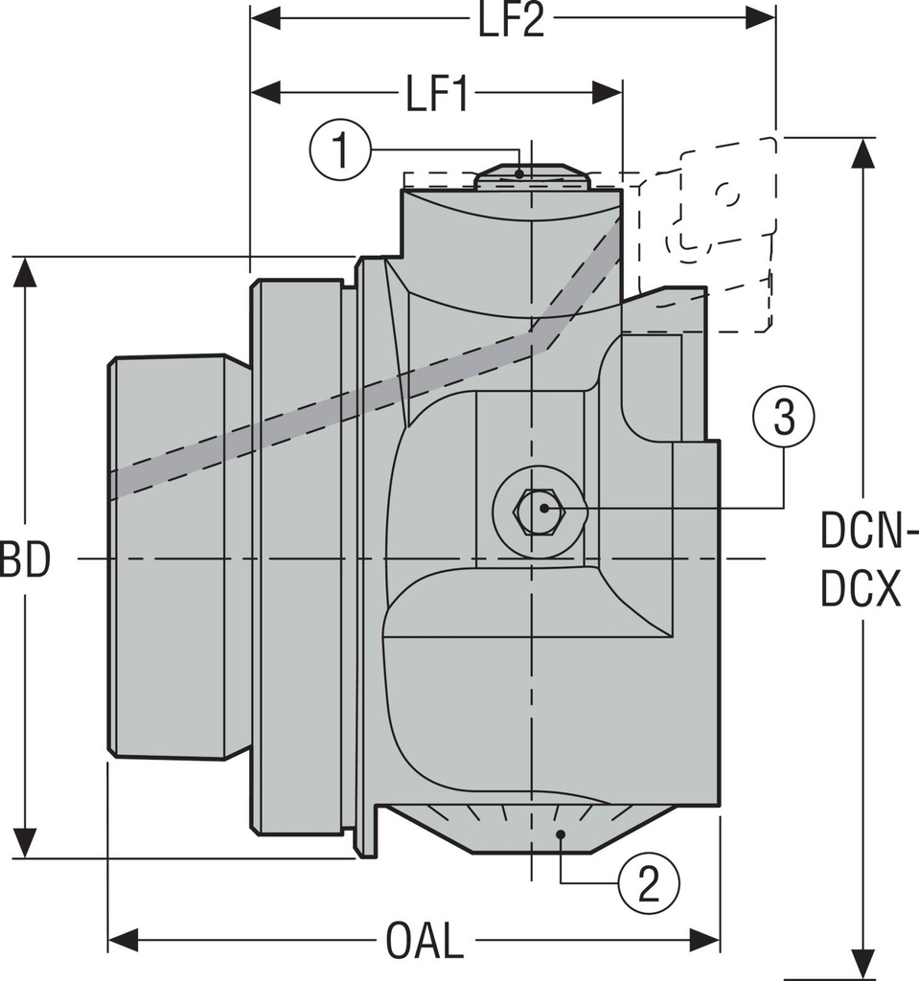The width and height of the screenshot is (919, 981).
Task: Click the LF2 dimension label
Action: point(512,20)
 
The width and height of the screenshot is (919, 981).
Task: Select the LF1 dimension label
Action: point(436,94)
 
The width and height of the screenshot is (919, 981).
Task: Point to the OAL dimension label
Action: point(425,942)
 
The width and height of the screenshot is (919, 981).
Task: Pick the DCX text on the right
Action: point(861,592)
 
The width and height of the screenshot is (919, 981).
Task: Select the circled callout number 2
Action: point(649,882)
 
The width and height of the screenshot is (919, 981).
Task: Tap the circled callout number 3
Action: point(784,418)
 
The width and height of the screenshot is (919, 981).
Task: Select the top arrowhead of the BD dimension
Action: point(25,272)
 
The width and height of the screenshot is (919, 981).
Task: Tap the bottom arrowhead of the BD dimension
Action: point(25,843)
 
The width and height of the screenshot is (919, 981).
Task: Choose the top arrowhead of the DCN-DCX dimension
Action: point(863,153)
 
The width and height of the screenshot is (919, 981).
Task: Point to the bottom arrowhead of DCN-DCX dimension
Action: point(863,964)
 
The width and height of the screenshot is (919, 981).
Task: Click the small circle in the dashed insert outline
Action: point(727,194)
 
